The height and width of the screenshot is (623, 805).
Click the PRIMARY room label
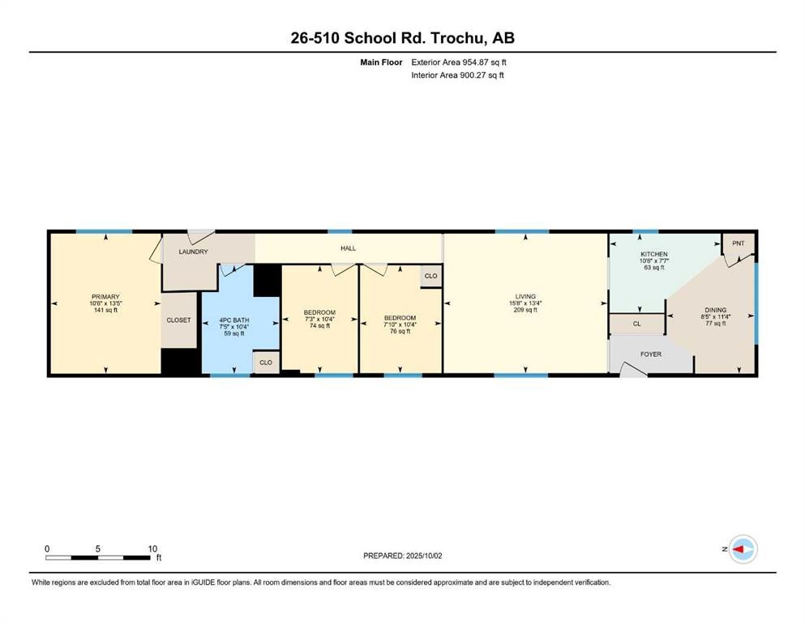(105, 297)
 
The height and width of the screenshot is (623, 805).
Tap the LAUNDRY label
(193, 251)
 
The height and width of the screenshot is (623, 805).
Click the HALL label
(349, 248)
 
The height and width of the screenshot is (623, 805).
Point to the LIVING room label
(525, 297)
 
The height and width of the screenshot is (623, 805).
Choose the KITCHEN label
(653, 254)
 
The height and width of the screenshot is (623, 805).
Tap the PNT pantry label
(738, 243)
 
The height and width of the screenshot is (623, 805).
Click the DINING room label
(716, 309)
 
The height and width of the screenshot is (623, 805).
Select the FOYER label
(651, 354)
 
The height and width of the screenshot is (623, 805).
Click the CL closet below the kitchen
(636, 324)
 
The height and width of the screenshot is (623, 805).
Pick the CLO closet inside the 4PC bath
(266, 363)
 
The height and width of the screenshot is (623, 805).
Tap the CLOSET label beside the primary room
(178, 320)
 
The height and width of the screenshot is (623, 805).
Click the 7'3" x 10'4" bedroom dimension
(319, 319)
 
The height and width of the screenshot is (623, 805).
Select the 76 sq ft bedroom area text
(400, 331)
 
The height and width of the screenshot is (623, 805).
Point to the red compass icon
(742, 549)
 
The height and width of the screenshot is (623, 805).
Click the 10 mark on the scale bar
(152, 548)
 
